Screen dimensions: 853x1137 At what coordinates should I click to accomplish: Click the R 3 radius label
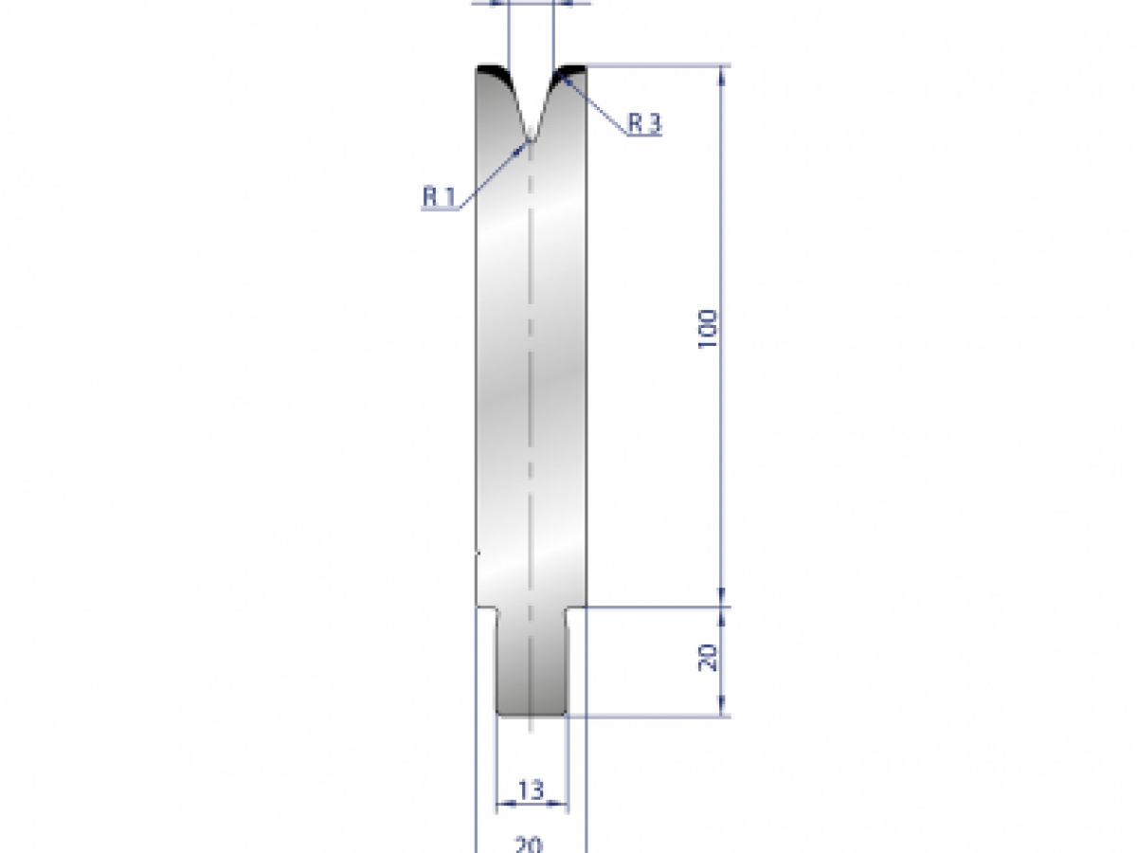[644, 123]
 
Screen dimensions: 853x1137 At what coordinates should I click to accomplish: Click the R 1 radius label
[439, 196]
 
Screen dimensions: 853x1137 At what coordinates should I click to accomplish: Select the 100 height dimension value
[709, 330]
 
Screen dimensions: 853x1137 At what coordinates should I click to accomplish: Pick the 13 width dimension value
[532, 789]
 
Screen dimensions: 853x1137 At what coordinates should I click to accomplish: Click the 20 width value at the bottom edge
[530, 844]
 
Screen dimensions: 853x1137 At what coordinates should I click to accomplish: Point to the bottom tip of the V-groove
[532, 140]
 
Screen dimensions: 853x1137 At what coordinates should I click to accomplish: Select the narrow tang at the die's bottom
[532, 663]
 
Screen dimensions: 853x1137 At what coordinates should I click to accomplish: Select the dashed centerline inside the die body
[531, 379]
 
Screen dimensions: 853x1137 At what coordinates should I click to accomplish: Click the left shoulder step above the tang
[487, 608]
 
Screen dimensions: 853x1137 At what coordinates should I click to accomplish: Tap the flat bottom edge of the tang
[532, 716]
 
